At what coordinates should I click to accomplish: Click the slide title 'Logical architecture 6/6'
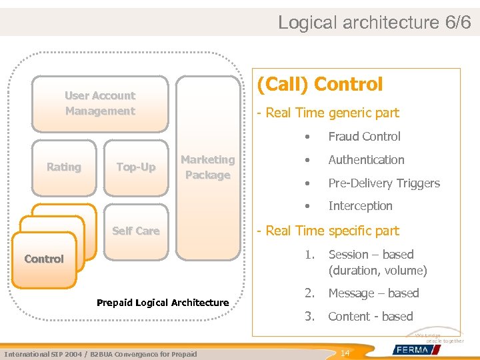pos(374,22)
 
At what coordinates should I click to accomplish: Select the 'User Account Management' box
pos(100,103)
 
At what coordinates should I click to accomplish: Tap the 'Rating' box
pos(64,167)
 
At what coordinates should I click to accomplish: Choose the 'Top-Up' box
pos(136,167)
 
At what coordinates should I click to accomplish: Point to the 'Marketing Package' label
pos(207,167)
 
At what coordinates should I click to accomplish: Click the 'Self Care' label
pos(136,231)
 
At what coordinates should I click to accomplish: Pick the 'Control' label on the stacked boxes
pos(44,259)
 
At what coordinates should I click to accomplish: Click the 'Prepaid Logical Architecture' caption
pos(163,303)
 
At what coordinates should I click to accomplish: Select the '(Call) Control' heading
pos(320,84)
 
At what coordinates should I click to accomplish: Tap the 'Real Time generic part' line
pos(328,113)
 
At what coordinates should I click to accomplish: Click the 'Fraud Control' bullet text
pos(364,137)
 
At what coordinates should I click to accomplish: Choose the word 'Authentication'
pos(366,160)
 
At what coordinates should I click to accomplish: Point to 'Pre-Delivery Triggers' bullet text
pos(384,183)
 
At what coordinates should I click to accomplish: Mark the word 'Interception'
pos(360,206)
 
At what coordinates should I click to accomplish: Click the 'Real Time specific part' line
pos(328,231)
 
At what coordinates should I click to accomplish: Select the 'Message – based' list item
pos(373,293)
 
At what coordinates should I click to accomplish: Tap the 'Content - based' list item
pos(371,317)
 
